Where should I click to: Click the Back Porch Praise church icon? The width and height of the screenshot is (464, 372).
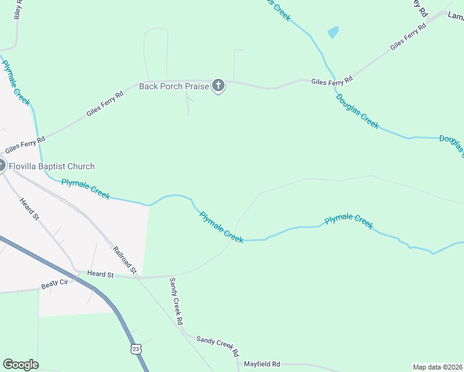[x=218, y=86]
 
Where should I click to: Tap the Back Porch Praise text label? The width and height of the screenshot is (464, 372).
[x=169, y=86]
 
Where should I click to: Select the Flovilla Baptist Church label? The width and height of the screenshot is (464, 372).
[x=52, y=166]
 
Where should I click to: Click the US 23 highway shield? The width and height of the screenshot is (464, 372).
[x=136, y=350]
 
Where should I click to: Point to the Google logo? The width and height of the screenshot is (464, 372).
[x=20, y=365]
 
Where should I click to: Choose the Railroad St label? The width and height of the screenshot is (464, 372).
[x=124, y=260]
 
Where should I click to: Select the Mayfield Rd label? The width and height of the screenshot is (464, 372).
[x=262, y=364]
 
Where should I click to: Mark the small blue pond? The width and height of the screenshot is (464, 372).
[x=333, y=32]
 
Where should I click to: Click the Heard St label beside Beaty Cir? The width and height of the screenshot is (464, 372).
[x=100, y=273]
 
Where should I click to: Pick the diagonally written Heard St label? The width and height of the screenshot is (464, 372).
[x=29, y=209]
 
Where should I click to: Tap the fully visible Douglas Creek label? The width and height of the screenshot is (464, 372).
[x=357, y=111]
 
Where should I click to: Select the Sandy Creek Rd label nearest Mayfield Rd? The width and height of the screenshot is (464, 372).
[x=217, y=345]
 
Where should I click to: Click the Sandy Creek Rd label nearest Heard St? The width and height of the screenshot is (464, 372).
[x=176, y=301]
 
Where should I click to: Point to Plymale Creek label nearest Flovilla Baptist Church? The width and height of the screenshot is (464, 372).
[x=86, y=189]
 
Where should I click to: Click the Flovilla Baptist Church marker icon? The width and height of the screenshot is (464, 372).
[x=1, y=166]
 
